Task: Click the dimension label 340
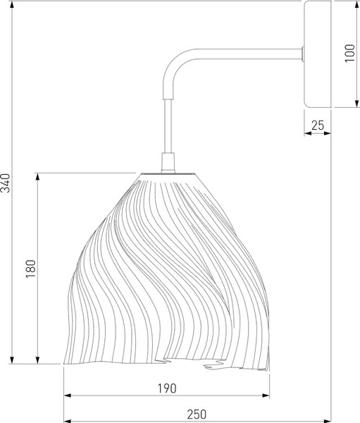[6, 183]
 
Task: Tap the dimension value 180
[31, 269]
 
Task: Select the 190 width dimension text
[167, 388]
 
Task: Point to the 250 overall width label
[197, 414]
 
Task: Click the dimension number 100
[349, 53]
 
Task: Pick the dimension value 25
[318, 125]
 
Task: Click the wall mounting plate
[318, 54]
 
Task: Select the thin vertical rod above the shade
[168, 126]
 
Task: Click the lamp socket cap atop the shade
[168, 163]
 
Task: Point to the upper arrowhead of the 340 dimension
[12, 5]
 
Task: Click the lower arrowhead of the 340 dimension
[12, 360]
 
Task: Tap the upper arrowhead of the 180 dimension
[37, 177]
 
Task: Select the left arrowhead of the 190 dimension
[68, 396]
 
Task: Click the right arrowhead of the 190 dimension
[266, 396]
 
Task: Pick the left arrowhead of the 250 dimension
[68, 421]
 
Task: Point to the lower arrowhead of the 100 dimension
[357, 104]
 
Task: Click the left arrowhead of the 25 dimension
[308, 133]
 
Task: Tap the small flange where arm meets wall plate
[303, 54]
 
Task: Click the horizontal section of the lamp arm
[249, 54]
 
